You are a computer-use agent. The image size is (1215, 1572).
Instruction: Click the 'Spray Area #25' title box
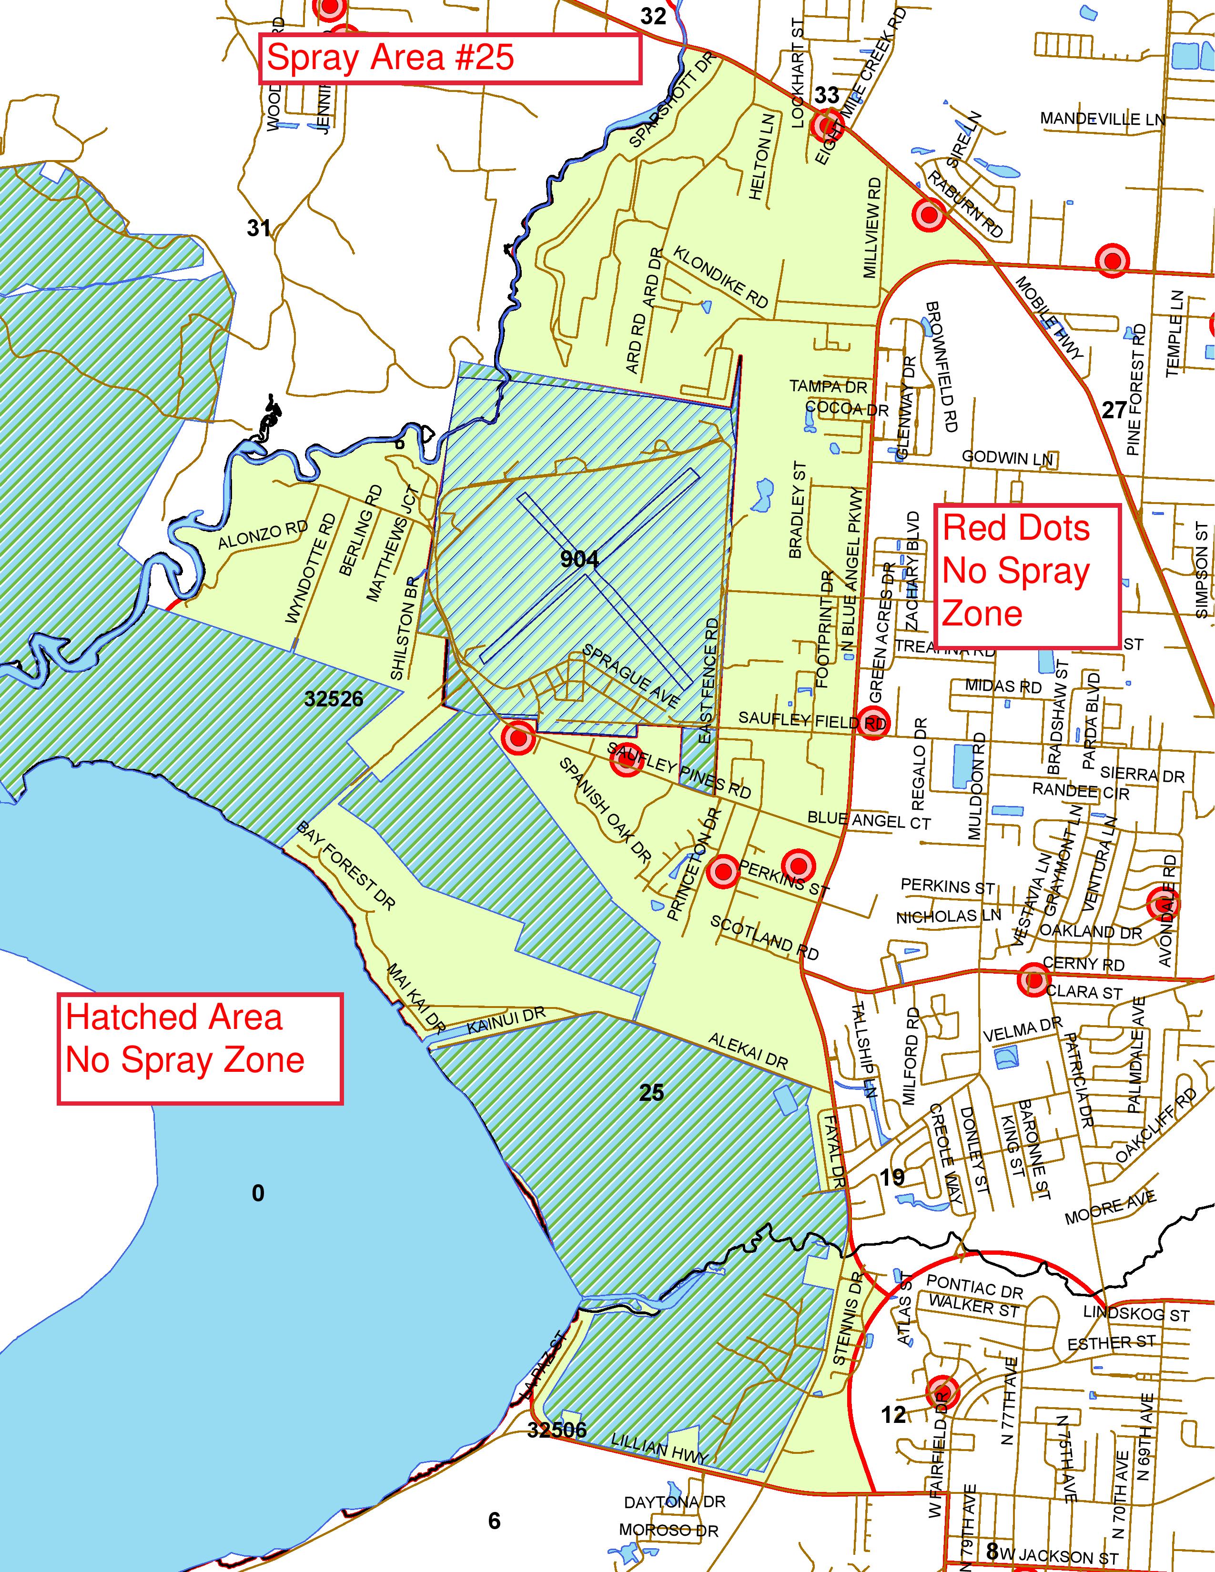click(450, 58)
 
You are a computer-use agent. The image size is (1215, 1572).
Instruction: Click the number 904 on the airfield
click(579, 559)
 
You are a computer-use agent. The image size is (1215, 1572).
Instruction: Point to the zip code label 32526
click(334, 699)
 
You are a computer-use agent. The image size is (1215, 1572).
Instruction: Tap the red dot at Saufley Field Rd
click(872, 722)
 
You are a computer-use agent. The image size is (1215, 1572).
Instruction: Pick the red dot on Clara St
click(1033, 979)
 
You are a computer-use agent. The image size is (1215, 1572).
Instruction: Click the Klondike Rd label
click(720, 277)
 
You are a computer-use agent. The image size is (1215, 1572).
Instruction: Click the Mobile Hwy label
click(1050, 318)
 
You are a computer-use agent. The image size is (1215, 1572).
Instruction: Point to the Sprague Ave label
click(630, 675)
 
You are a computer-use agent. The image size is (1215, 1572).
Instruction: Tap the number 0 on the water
click(258, 1193)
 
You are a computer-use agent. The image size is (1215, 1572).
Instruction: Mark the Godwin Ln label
click(1007, 457)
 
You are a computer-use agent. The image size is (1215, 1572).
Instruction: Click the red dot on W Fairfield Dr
click(942, 1391)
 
